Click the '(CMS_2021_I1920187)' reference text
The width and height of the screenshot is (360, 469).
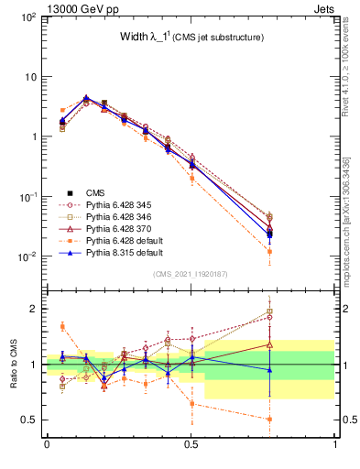point(191,274)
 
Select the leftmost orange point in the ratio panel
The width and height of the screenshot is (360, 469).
point(62,326)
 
